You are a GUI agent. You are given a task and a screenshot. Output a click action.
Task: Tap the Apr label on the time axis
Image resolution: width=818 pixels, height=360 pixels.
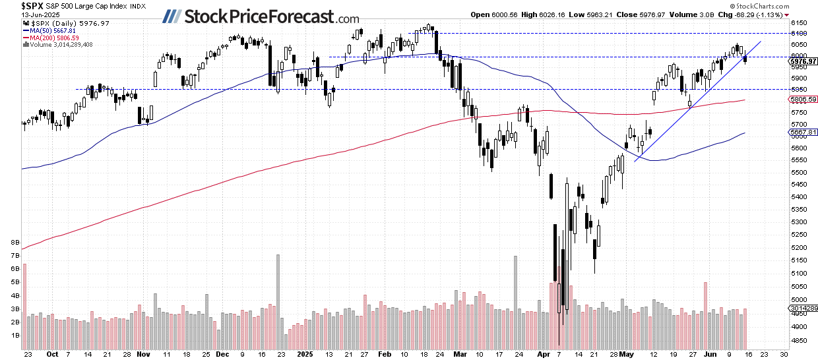pyautogui.click(x=543, y=353)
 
